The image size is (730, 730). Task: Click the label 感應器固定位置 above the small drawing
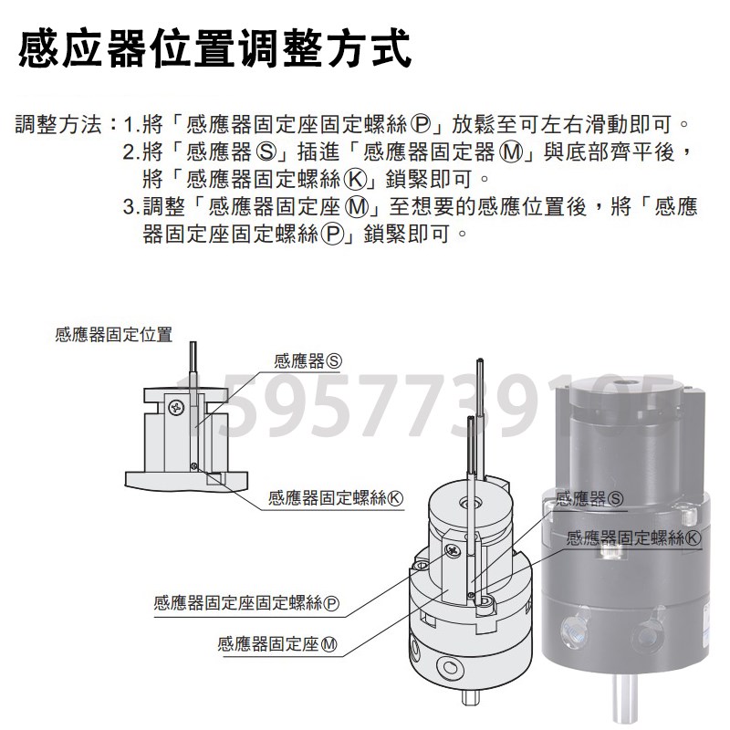pos(113,335)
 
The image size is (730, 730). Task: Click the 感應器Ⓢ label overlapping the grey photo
pos(589,498)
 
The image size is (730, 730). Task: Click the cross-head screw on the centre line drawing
pos(453,552)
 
